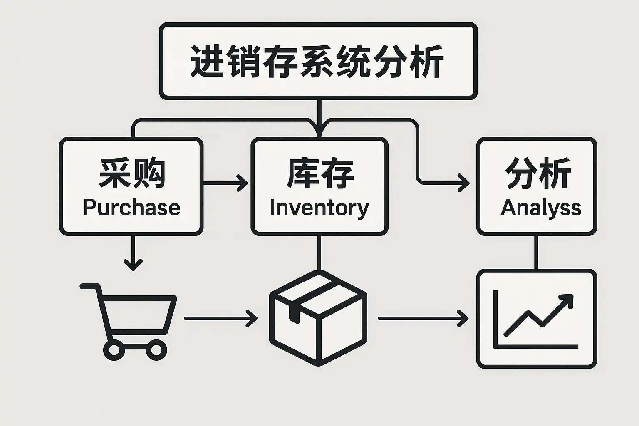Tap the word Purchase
(131, 207)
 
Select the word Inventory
(319, 208)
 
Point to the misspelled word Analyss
(540, 207)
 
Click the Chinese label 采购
(132, 173)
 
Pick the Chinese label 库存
(319, 173)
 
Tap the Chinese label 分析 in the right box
(537, 173)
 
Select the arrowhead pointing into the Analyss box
(463, 183)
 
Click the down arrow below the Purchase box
(133, 254)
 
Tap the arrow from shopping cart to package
(220, 319)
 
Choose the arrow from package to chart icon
(422, 319)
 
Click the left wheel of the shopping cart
(114, 350)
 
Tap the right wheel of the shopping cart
(156, 350)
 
